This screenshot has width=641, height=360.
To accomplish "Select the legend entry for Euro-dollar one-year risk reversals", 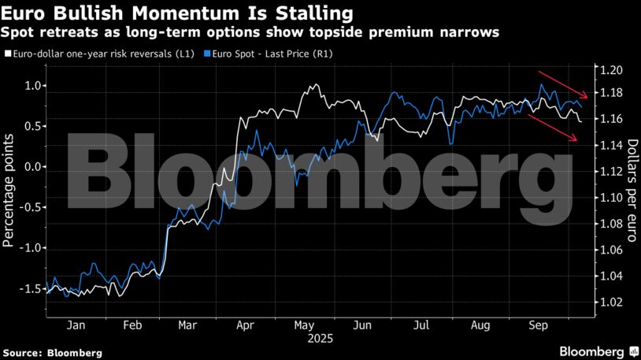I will [102, 54].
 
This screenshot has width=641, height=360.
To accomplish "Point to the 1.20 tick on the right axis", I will [612, 70].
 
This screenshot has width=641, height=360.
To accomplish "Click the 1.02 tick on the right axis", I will [612, 302].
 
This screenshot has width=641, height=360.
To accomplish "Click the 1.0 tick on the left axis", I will [32, 85].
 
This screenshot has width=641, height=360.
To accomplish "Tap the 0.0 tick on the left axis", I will [32, 167].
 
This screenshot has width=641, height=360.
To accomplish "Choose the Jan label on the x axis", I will [76, 324].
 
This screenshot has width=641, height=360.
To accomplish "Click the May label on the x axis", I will [303, 324].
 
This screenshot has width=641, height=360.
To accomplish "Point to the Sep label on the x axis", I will [539, 324].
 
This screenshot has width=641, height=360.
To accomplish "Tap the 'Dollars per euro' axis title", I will [632, 188].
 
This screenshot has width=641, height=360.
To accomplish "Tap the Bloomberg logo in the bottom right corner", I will [598, 351].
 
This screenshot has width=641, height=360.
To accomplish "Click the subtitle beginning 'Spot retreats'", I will [250, 33].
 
